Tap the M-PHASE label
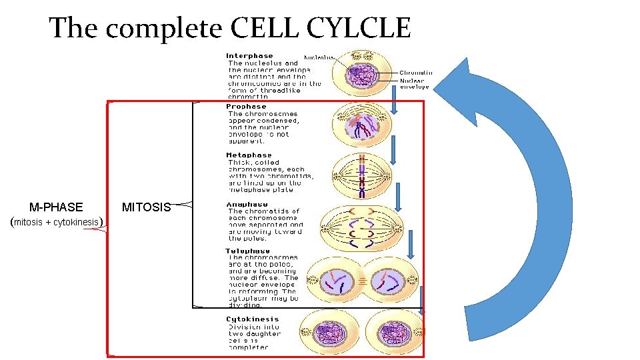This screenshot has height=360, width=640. (57, 207)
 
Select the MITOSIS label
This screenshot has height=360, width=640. (146, 207)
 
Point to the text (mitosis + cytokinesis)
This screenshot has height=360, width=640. (57, 222)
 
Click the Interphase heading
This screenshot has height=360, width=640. (249, 56)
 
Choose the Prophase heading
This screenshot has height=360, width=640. (246, 107)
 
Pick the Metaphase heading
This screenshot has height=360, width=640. (249, 155)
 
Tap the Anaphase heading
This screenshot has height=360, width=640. (247, 204)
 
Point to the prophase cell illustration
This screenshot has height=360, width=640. (362, 125)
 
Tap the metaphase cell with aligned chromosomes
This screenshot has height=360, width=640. (362, 176)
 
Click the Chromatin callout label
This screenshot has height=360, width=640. (416, 73)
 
